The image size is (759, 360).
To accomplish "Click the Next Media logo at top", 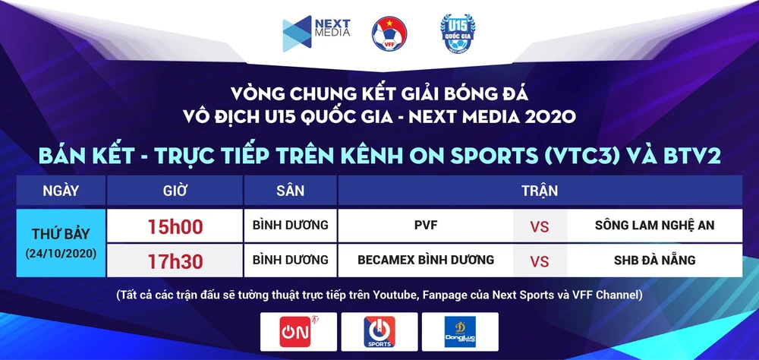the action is (x=316, y=33).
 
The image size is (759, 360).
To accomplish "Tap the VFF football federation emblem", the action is (x=389, y=34).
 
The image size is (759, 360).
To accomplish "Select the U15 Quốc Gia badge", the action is (x=458, y=33).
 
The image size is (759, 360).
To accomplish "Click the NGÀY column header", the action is (x=61, y=191).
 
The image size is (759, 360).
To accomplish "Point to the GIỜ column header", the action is (x=175, y=191).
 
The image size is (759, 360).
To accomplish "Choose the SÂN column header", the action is (x=291, y=191).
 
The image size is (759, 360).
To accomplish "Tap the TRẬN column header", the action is (x=540, y=191).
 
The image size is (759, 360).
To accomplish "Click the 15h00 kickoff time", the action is (x=175, y=226).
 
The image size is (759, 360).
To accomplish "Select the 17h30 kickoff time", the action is (x=175, y=261).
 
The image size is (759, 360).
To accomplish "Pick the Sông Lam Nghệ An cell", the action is (x=654, y=226).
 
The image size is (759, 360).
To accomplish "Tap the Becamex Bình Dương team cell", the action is (x=426, y=260).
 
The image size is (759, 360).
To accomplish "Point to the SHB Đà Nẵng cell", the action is (x=654, y=261).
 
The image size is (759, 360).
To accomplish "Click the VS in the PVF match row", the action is (x=539, y=227).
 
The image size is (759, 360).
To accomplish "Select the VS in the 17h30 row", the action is (x=539, y=261).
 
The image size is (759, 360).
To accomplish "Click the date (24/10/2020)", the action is (x=61, y=254).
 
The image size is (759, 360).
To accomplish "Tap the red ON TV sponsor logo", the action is (x=298, y=331).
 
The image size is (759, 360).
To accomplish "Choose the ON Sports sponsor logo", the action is (x=379, y=332).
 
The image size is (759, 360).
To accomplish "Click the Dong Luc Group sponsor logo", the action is (x=460, y=332).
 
